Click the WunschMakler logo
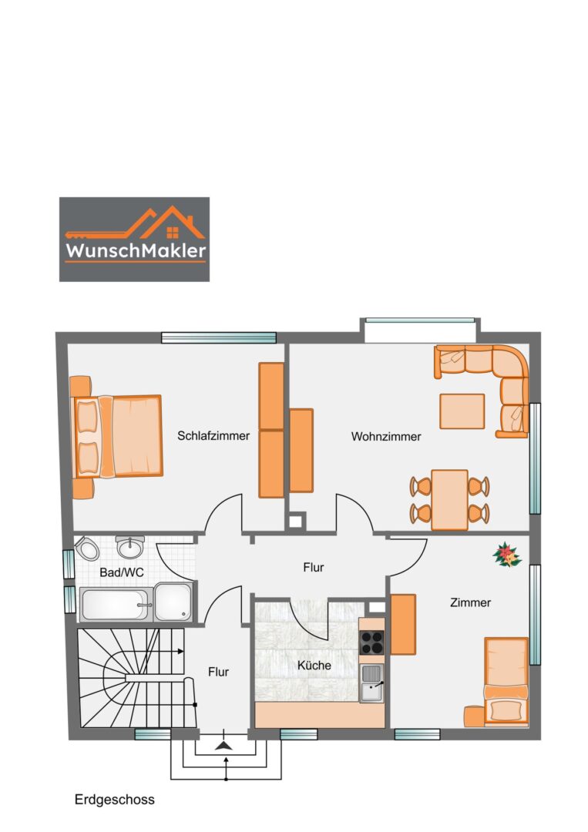pos(134,239)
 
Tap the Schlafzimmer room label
pos(213,435)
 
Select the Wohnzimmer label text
pos(386,437)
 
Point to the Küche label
pos(314,665)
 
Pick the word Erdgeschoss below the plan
pos(115,800)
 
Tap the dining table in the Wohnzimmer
pos(449,499)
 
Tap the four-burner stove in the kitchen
pos(372,642)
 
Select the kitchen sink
pos(372,683)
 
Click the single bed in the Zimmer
pos(506,682)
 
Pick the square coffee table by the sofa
pos(462,411)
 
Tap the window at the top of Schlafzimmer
pos(218,337)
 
